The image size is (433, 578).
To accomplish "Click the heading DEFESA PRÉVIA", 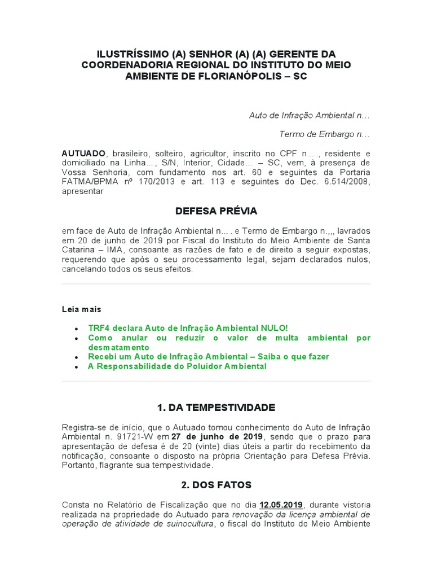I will click(x=216, y=211).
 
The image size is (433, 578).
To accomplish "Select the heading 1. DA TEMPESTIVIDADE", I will click(x=216, y=407).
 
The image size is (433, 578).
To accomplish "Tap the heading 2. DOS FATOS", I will click(x=216, y=485).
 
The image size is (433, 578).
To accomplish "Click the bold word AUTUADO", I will click(x=83, y=154).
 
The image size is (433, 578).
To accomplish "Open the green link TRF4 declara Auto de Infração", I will click(x=188, y=328).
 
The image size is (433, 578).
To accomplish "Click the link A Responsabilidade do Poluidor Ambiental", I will click(x=177, y=366).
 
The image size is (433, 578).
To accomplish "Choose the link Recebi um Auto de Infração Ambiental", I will click(x=209, y=357).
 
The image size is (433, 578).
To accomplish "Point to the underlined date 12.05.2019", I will click(x=281, y=504).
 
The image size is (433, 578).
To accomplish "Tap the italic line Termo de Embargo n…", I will click(x=324, y=134).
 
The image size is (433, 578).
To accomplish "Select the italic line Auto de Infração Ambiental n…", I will click(x=309, y=115).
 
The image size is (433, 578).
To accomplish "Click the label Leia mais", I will click(x=82, y=309).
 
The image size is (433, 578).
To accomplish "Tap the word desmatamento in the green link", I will click(x=118, y=347).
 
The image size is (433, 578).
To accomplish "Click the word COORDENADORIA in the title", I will click(x=128, y=65).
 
